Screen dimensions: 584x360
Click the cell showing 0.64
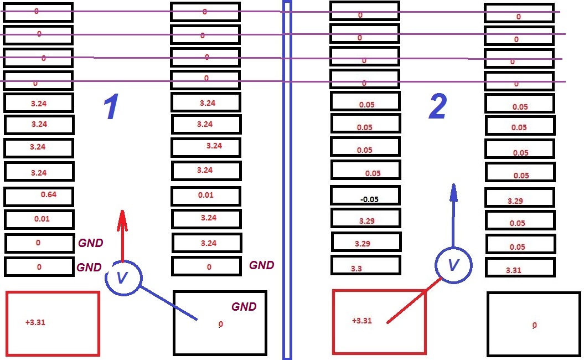tap(39, 197)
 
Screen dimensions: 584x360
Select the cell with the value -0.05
tap(365, 196)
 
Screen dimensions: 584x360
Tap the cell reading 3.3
tap(365, 265)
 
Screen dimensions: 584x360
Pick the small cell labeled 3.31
tap(520, 267)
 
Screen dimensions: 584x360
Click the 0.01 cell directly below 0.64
tap(39, 219)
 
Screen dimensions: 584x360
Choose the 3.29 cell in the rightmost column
tap(520, 198)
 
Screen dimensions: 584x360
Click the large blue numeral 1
tap(111, 106)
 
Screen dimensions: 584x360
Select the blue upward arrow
tap(453, 215)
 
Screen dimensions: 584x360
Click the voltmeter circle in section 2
tap(453, 248)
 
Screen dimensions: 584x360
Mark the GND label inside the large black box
tap(244, 306)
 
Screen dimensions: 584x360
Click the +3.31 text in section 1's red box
tap(35, 322)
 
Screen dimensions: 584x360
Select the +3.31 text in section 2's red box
tap(362, 321)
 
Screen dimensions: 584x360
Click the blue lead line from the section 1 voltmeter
tap(168, 303)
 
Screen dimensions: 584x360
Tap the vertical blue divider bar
tap(287, 180)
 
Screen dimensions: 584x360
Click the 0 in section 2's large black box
tap(535, 325)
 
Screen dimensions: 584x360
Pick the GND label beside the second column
tap(262, 265)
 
